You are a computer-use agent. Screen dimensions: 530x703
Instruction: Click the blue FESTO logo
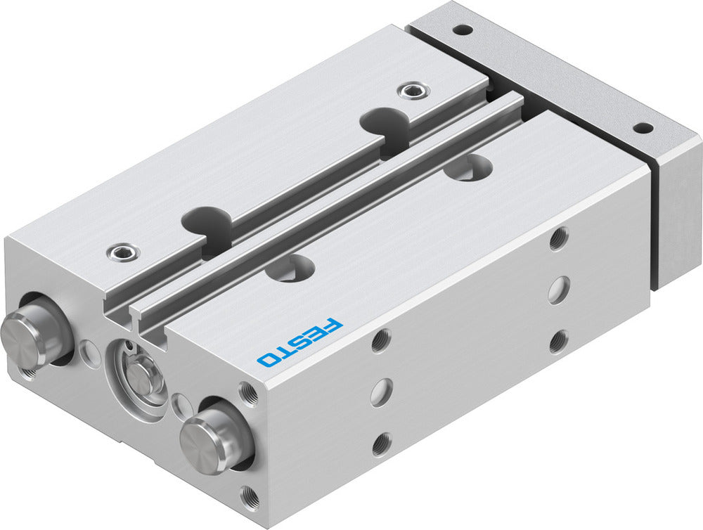300,343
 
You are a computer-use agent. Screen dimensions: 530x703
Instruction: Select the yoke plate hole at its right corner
643,129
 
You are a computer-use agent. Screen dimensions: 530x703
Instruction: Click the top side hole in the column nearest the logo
380,340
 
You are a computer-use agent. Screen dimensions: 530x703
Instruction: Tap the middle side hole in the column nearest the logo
381,391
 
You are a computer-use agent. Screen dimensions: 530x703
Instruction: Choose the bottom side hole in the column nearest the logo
381,442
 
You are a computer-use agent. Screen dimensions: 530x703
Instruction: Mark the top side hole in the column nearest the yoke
559,238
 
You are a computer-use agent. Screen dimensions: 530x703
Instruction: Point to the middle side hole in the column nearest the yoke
559,290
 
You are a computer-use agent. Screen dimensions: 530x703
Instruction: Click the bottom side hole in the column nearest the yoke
559,342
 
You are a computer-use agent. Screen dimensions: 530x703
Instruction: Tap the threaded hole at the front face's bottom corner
249,498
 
